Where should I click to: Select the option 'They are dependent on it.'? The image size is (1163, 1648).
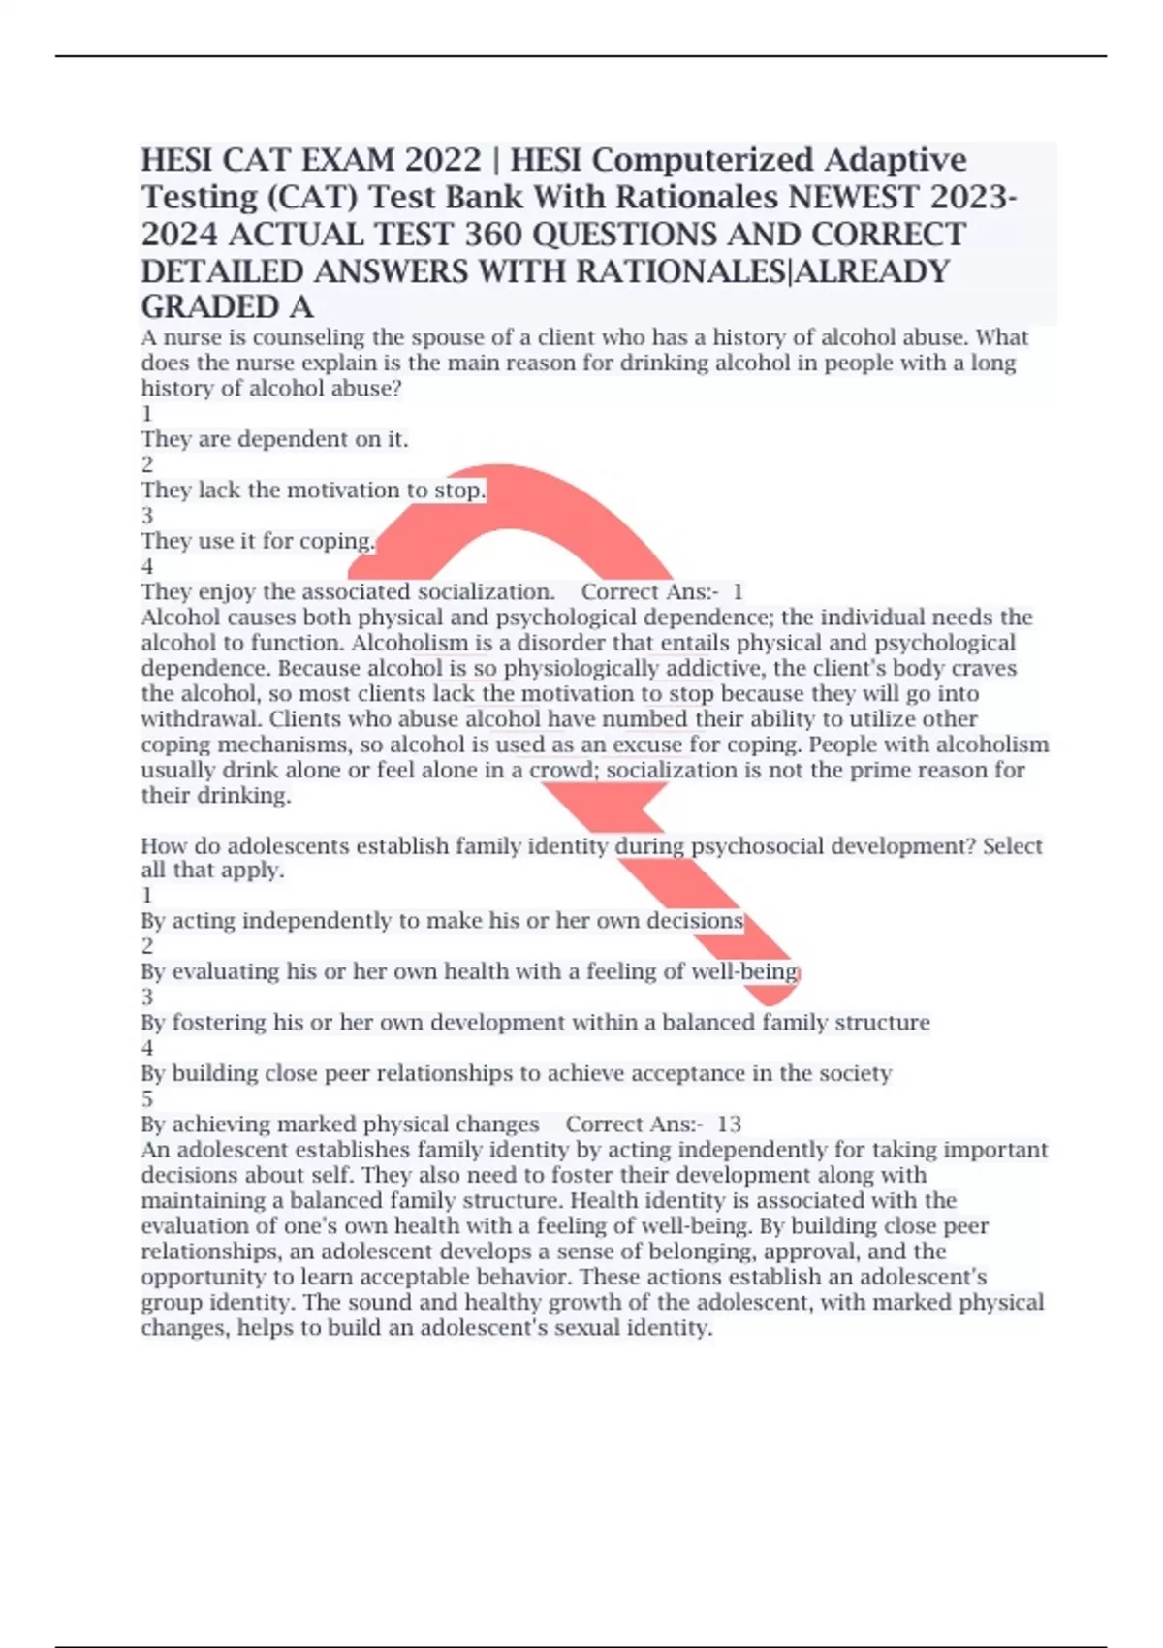click(x=274, y=439)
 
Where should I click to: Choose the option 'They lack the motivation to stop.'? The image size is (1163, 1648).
click(x=313, y=491)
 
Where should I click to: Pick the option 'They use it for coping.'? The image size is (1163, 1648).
click(x=258, y=541)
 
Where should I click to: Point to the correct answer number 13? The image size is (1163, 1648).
click(x=729, y=1125)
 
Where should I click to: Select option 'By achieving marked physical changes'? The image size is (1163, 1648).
click(x=339, y=1125)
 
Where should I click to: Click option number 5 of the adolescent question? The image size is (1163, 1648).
click(x=147, y=1098)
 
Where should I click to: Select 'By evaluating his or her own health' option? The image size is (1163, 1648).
click(x=469, y=971)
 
